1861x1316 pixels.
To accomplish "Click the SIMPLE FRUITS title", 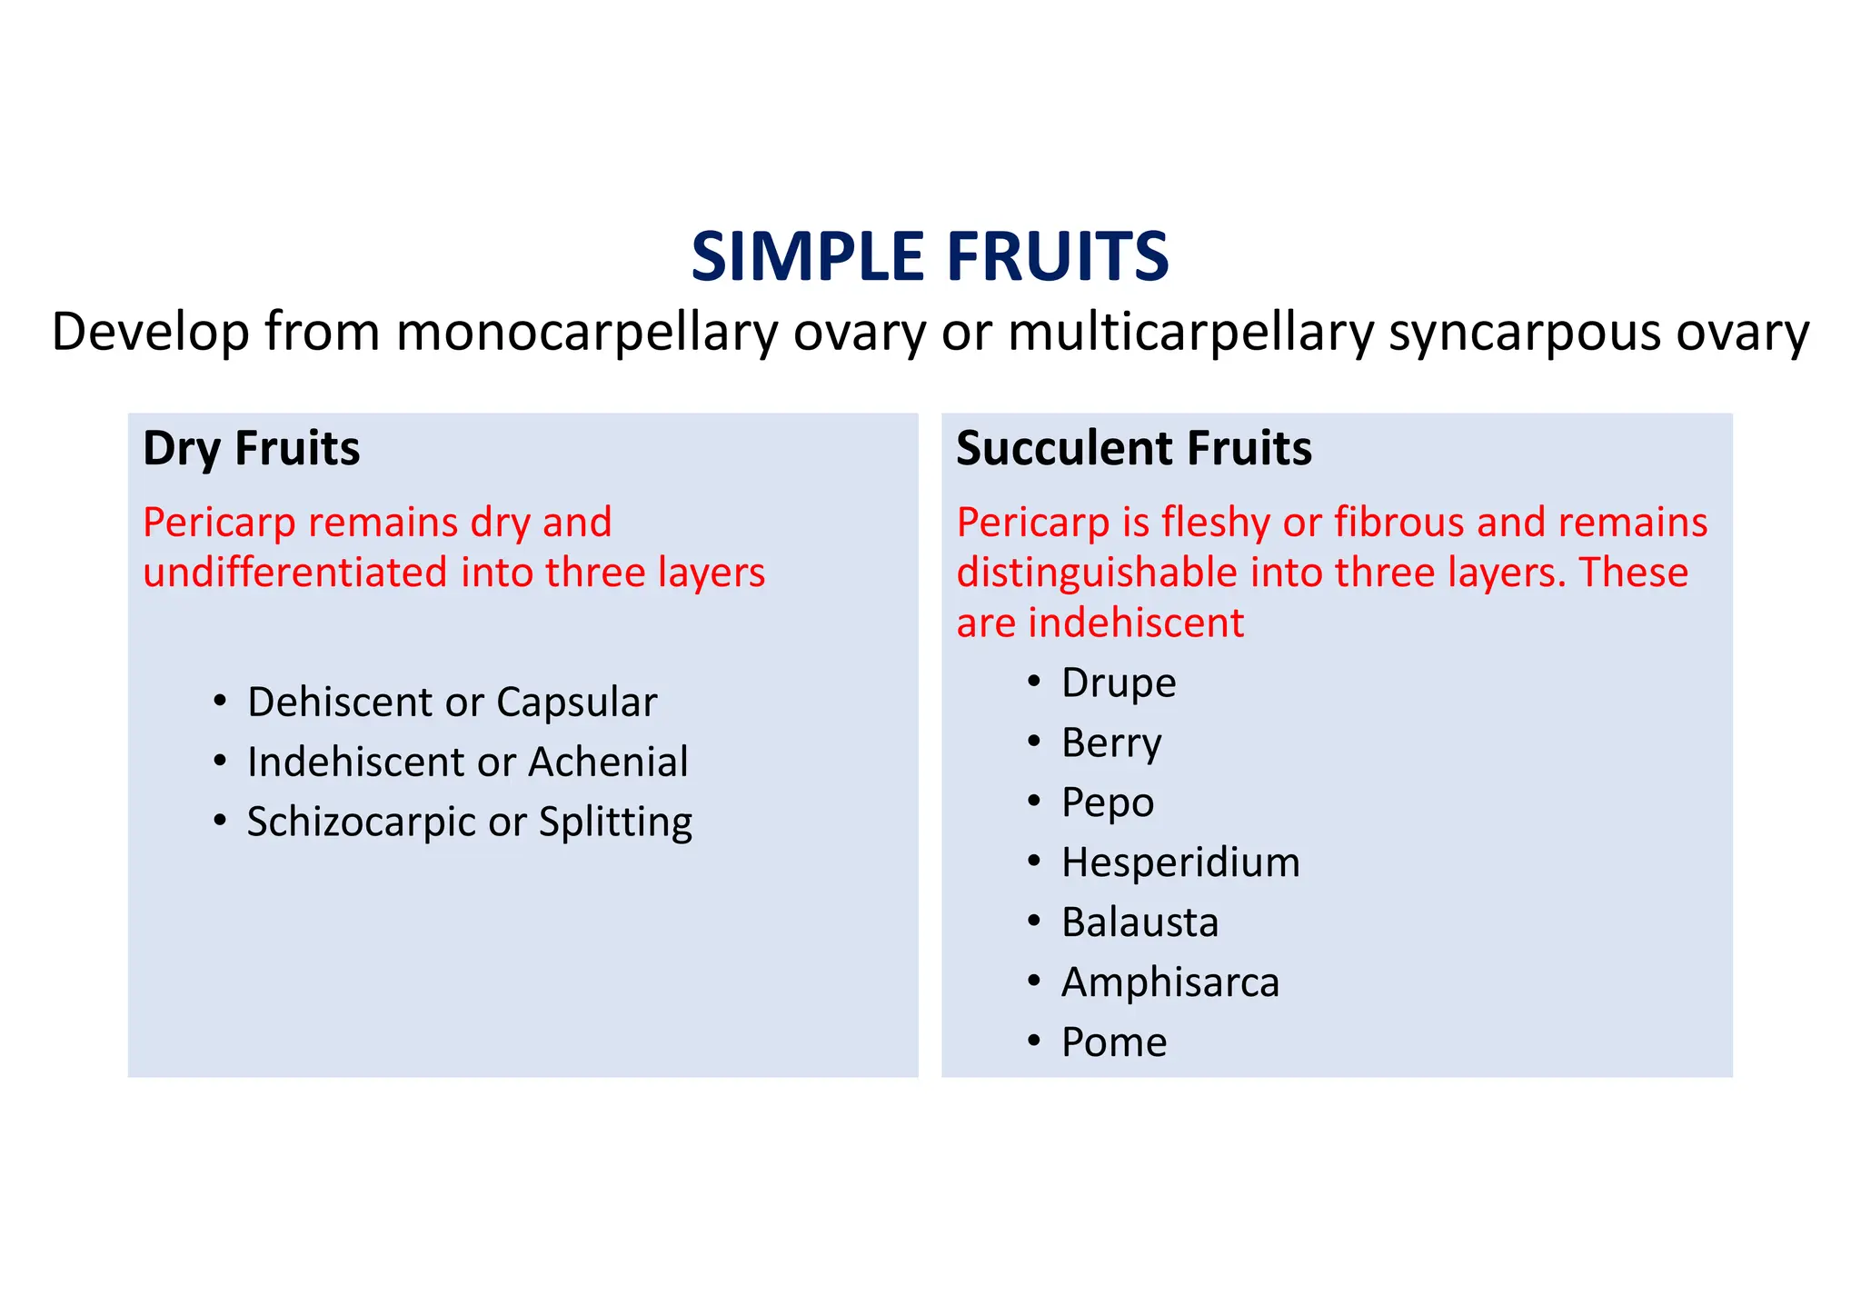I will pyautogui.click(x=930, y=257).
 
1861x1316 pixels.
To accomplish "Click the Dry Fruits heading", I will pyautogui.click(x=252, y=448).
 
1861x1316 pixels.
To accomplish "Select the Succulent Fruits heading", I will pyautogui.click(x=1133, y=448).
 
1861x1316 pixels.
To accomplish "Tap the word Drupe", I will pyautogui.click(x=1118, y=683).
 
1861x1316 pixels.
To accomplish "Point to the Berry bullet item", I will pyautogui.click(x=1110, y=743).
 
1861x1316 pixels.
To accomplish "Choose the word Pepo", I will pyautogui.click(x=1107, y=803).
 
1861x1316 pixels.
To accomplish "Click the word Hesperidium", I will pyautogui.click(x=1179, y=862).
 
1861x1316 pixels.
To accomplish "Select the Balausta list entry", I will pyautogui.click(x=1139, y=922).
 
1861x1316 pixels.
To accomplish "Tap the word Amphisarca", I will pyautogui.click(x=1169, y=982).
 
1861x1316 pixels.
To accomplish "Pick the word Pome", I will pyautogui.click(x=1113, y=1042).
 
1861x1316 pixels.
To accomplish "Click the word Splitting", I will pyautogui.click(x=615, y=822).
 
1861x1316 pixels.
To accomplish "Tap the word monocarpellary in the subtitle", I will pyautogui.click(x=587, y=332).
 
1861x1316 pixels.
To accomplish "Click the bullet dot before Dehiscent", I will pyautogui.click(x=219, y=702).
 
